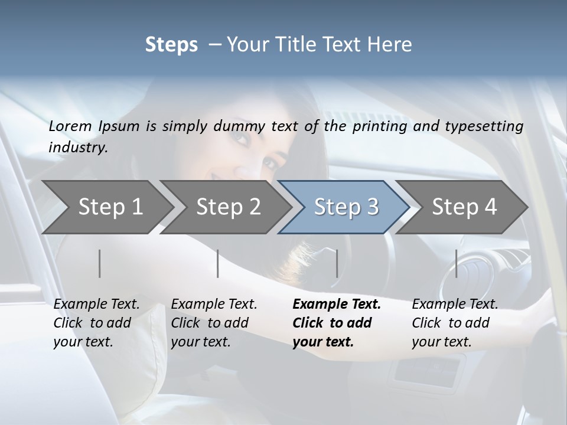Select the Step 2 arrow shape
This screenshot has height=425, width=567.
(228, 207)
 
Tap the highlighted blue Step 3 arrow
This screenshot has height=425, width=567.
(346, 207)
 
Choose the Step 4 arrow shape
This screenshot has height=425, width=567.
(464, 207)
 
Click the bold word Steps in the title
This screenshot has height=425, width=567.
(171, 45)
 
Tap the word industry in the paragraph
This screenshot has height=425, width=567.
(77, 147)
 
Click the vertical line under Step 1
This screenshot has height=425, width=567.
(100, 263)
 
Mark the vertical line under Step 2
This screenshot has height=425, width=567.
(218, 263)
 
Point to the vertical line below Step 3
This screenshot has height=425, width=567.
(337, 263)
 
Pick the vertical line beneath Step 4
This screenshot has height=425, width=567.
(456, 263)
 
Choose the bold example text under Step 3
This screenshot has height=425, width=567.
(336, 323)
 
